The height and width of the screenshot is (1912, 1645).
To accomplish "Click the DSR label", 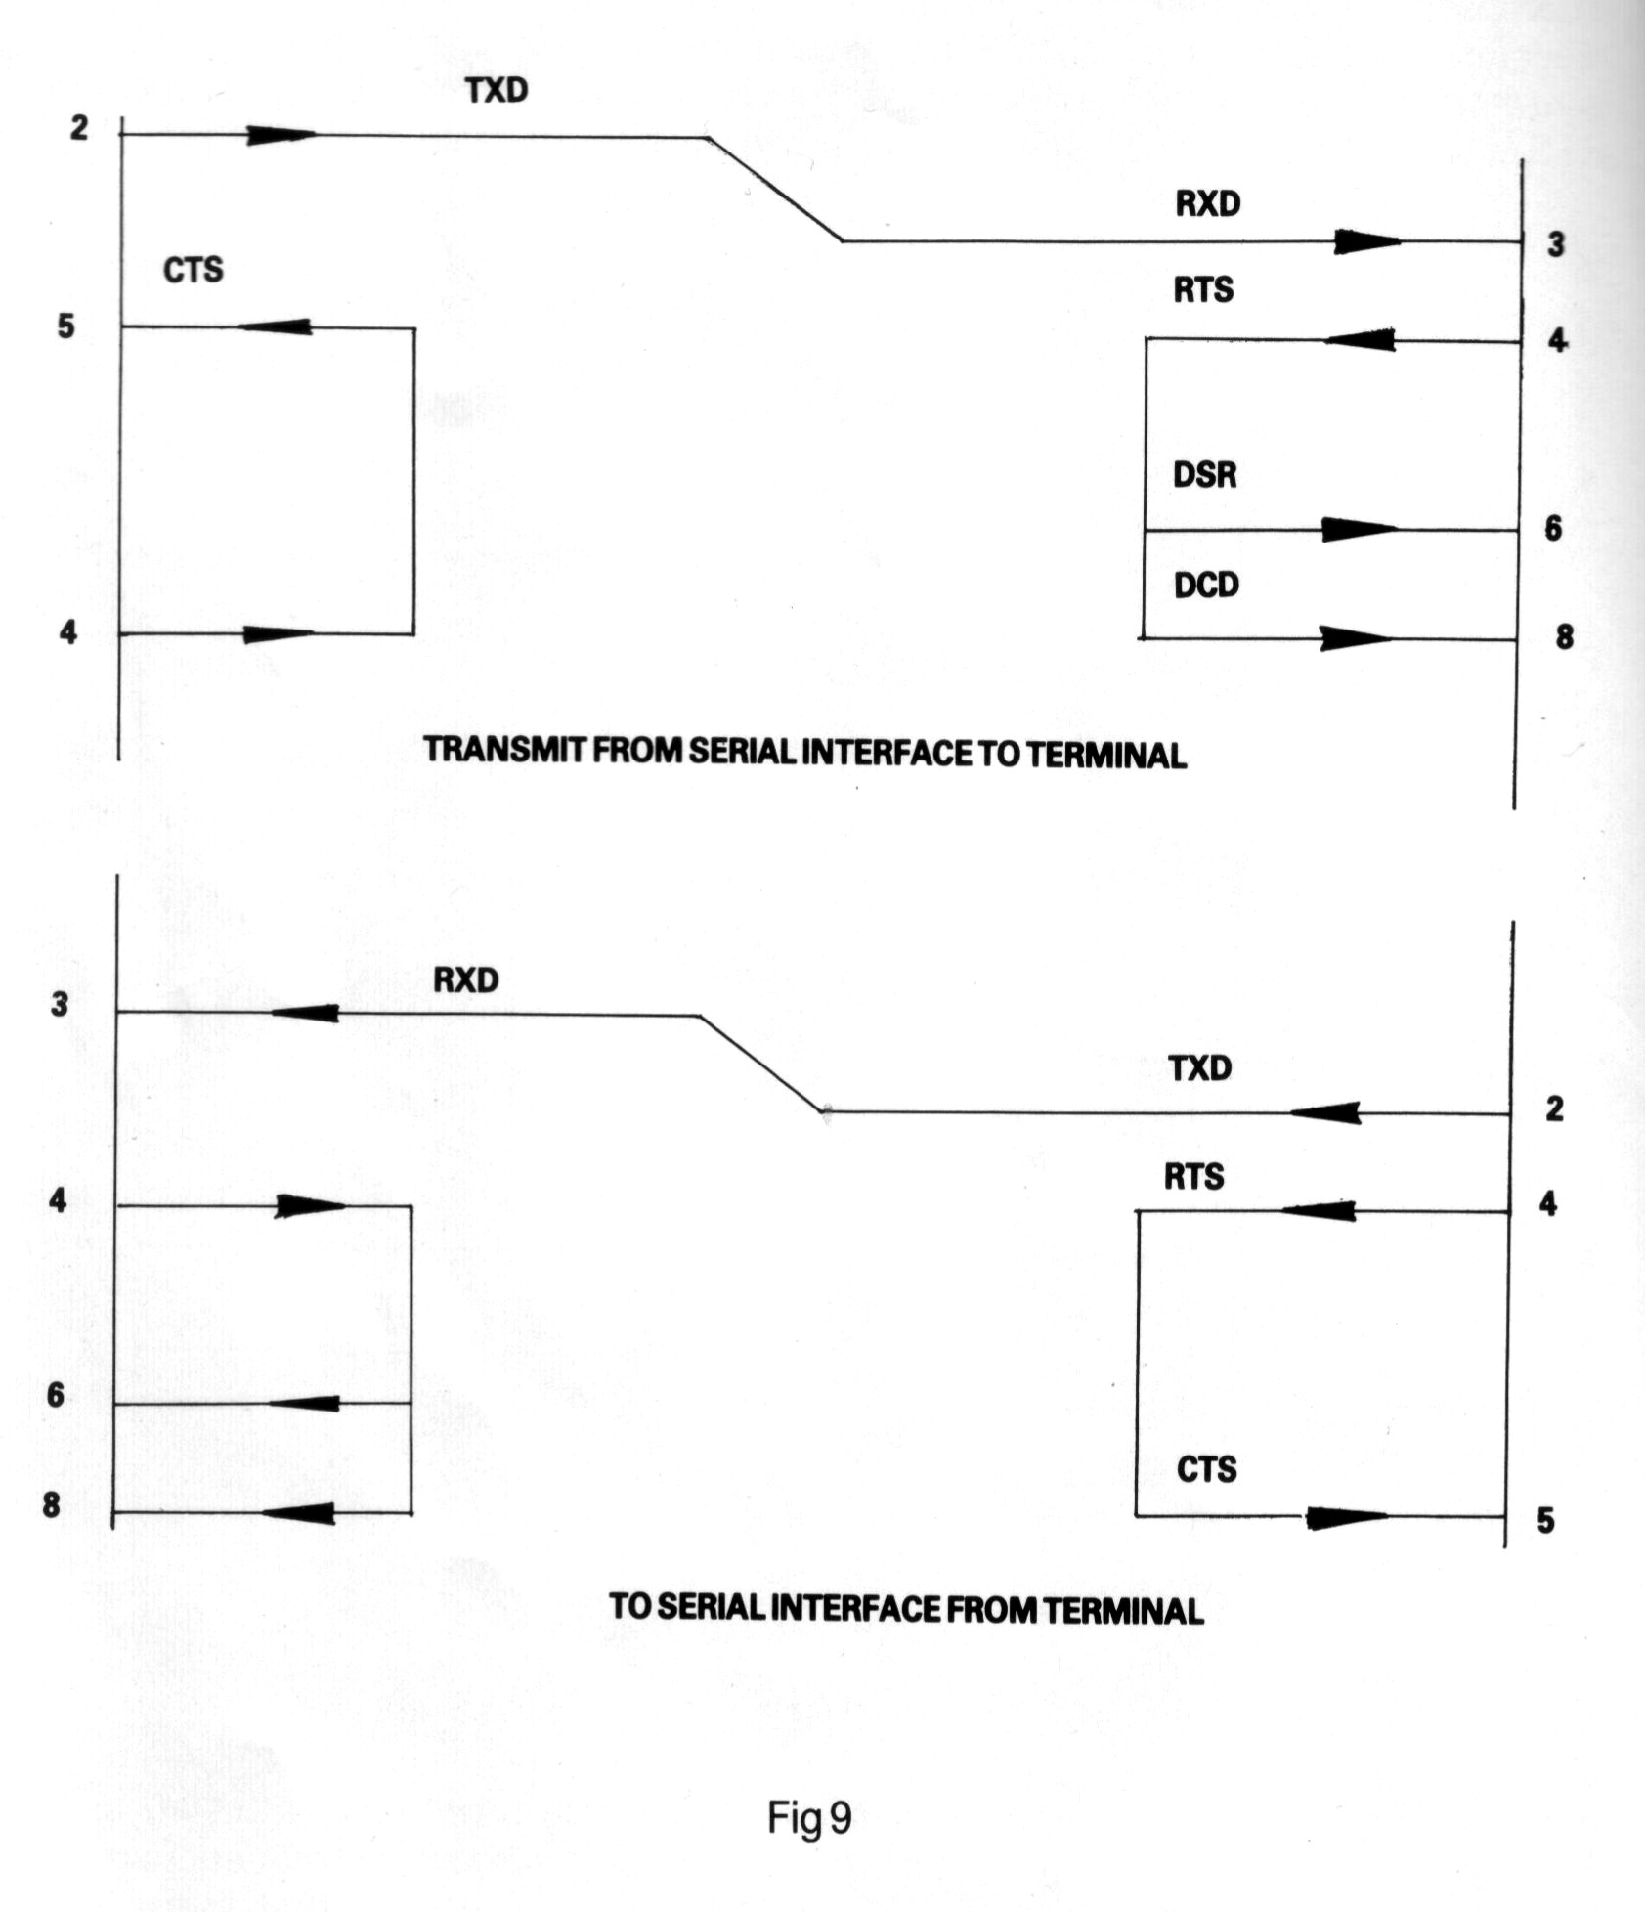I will coord(1204,475).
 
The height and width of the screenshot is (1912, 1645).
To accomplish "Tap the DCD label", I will coord(1206,585).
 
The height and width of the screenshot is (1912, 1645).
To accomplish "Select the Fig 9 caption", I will coord(809,1816).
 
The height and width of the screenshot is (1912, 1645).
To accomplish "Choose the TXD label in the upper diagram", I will coord(497,90).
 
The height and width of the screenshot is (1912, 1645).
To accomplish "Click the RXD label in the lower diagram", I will coord(465,979).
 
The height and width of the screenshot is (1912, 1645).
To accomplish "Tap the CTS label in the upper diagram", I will coord(193,269).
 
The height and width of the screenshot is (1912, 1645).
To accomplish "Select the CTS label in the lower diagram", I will coord(1206,1468).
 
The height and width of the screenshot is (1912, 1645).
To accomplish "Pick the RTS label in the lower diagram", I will coord(1193,1176).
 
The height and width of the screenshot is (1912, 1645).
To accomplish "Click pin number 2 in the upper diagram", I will coord(78,127).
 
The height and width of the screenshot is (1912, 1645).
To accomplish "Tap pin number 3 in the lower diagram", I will coord(60,1003).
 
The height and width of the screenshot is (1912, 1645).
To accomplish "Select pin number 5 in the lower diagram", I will coord(1544,1520).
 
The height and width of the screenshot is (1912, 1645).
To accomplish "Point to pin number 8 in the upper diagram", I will coord(1564,636).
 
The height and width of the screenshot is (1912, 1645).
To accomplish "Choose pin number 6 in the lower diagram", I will coord(56,1394).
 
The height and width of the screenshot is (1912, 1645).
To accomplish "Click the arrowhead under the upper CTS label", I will coord(277,326).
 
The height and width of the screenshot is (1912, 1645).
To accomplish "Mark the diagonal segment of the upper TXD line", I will coord(774,189).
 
